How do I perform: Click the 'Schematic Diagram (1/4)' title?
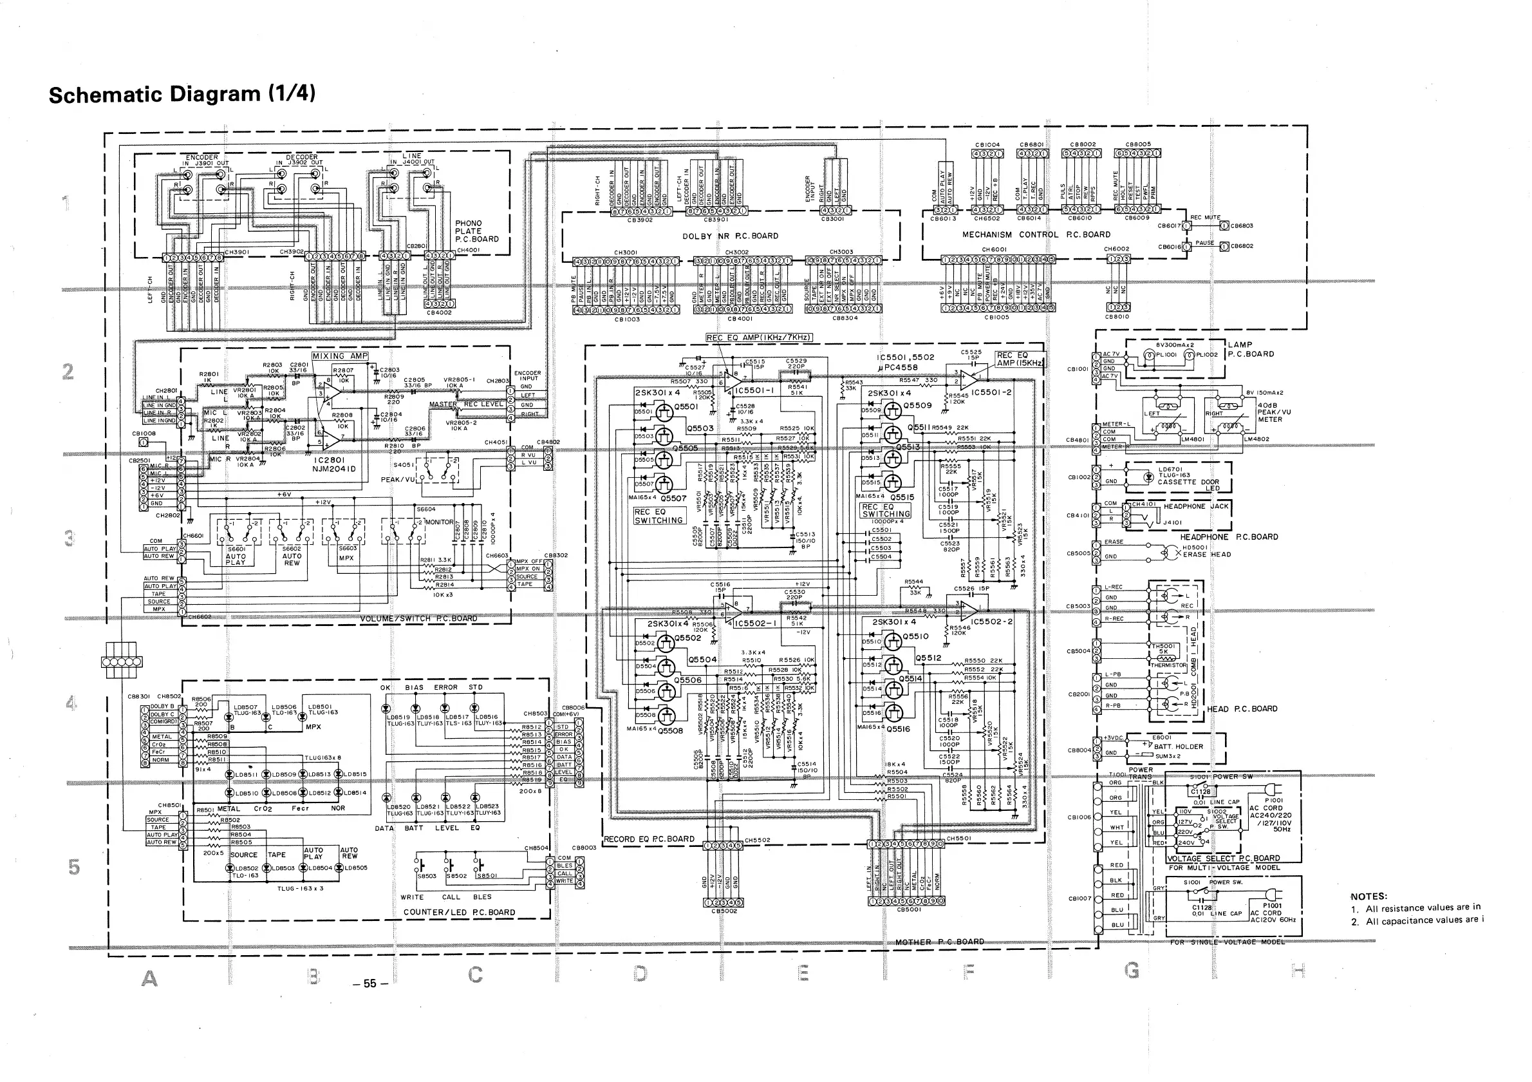182,94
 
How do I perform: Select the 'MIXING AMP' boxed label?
340,356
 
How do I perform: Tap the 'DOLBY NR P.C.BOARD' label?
730,236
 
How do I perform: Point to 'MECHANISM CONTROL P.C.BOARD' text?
1036,235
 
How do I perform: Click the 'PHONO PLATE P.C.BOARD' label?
476,231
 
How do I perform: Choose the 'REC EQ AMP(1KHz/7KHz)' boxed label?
759,337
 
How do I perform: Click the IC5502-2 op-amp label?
991,622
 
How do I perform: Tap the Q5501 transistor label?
686,406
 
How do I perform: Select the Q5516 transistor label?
898,730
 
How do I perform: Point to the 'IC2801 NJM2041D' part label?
334,464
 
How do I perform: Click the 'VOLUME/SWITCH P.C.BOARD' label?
418,619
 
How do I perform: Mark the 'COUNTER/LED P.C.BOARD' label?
459,913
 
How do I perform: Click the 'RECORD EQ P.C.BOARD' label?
649,839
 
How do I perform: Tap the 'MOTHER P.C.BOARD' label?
940,942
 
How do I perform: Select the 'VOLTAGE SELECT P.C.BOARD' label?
1223,859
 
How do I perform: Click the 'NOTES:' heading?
1369,897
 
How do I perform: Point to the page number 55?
369,983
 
